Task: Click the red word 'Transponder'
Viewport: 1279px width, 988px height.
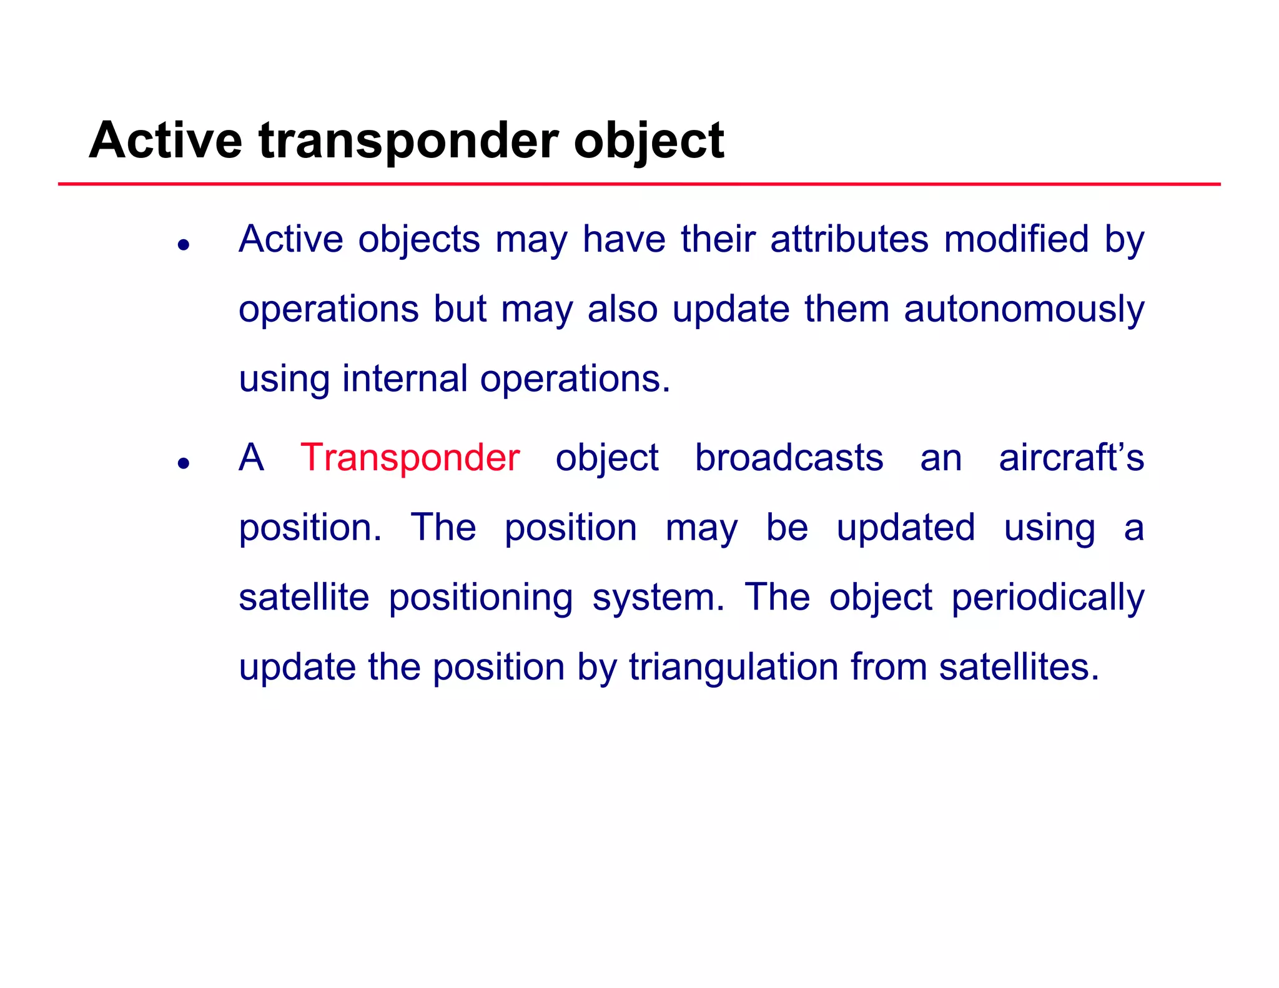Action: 410,457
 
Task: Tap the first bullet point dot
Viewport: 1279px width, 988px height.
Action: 183,245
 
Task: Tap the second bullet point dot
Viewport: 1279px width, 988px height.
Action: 183,463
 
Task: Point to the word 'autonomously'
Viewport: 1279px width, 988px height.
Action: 1024,310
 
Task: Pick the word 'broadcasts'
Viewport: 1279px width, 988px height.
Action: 789,457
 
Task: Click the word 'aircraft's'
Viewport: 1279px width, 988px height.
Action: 1071,457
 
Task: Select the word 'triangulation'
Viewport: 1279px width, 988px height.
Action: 733,666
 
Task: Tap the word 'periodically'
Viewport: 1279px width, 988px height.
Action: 1047,598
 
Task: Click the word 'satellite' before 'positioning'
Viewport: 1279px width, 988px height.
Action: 304,597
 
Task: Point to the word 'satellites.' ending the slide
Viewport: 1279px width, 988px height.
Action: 1019,666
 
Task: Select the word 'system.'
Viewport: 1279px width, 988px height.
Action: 658,598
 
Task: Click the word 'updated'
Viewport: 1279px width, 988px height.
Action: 906,527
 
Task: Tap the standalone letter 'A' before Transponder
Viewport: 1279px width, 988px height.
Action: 251,457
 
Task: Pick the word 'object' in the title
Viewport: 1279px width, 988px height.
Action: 649,141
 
